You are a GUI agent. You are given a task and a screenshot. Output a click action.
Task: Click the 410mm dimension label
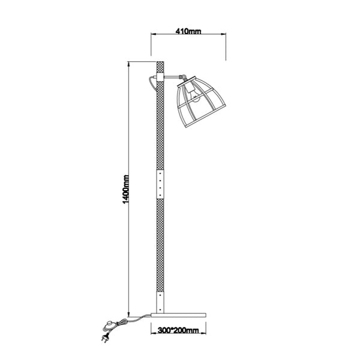point(188,30)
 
